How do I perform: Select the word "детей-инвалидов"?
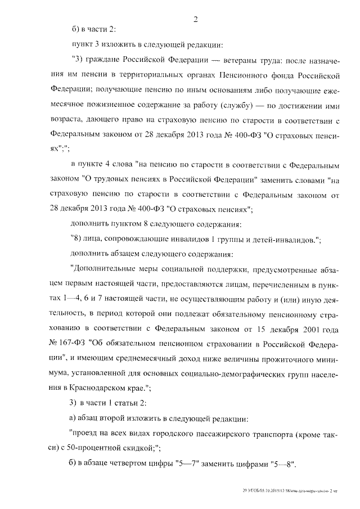[x=282, y=240]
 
